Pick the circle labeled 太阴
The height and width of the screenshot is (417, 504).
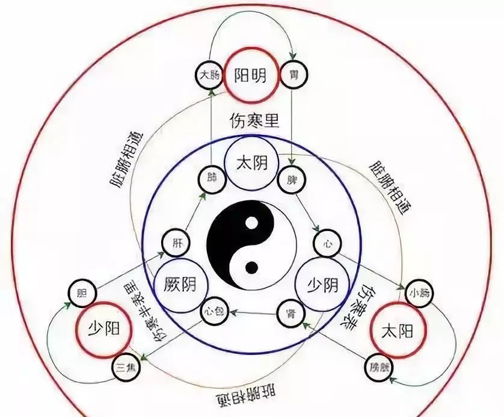coord(251,163)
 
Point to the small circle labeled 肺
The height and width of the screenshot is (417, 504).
coord(212,179)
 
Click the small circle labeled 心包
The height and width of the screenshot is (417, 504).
coord(213,312)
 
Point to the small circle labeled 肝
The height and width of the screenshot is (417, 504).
coord(176,243)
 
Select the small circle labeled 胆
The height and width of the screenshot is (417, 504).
coord(81,293)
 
